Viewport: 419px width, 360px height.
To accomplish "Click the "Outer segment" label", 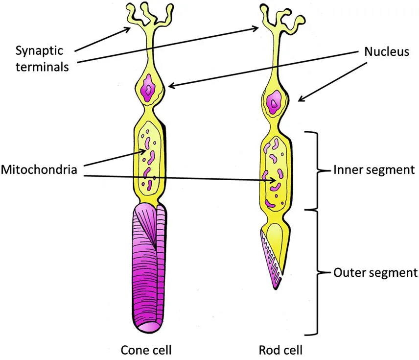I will click(x=375, y=272).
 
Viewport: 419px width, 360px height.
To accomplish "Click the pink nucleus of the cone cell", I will click(x=147, y=90).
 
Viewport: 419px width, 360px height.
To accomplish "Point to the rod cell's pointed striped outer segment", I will click(x=271, y=257).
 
